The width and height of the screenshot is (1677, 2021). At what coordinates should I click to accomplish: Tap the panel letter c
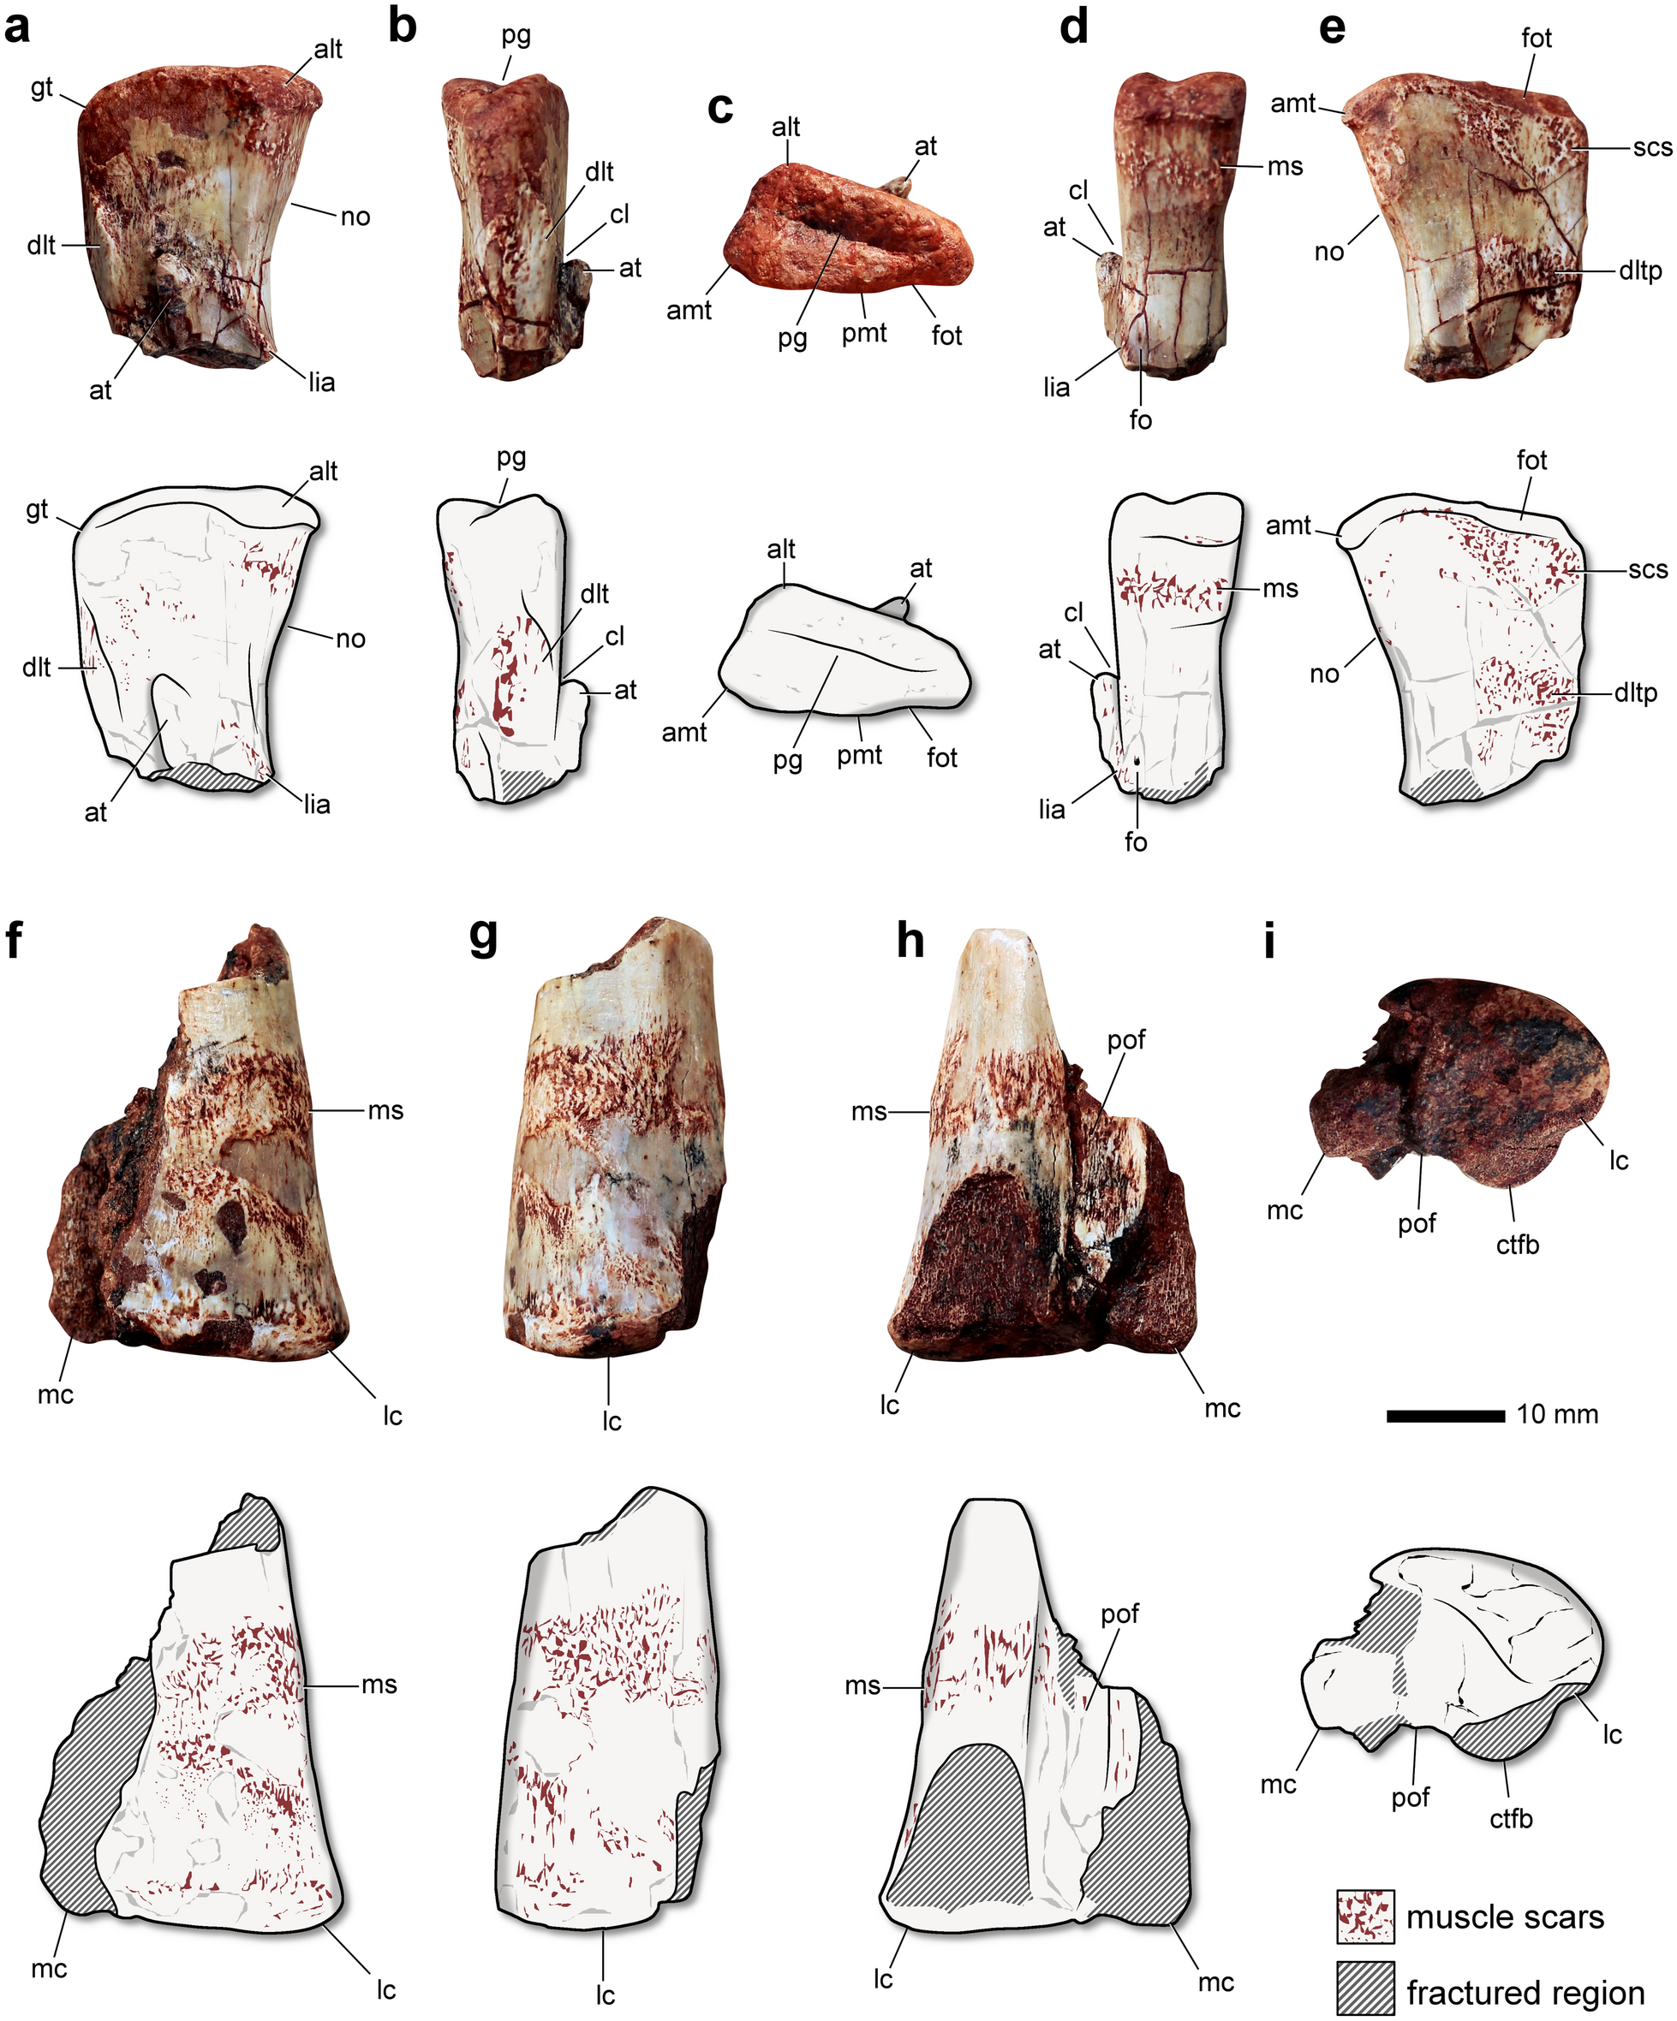pos(720,108)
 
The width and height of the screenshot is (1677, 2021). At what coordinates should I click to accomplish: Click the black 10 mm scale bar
pos(1445,1416)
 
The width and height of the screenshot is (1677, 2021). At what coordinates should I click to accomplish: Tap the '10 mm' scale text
pos(1557,1415)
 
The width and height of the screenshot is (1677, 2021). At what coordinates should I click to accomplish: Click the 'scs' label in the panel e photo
pos(1652,147)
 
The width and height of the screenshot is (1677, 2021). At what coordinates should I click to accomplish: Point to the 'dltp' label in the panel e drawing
pos(1636,692)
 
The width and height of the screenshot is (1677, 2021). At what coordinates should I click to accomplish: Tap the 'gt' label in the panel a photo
pos(41,88)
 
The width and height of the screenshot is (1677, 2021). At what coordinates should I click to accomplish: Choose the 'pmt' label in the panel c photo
pos(863,334)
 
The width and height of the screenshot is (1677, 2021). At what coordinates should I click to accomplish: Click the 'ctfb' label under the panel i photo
pos(1517,1245)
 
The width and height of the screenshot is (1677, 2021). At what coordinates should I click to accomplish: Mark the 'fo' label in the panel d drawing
pos(1136,842)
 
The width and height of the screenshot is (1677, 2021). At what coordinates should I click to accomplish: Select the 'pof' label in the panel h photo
pos(1125,1040)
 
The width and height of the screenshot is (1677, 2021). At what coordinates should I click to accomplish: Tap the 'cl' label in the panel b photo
pos(619,214)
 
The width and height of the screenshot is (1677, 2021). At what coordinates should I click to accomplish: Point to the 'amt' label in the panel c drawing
pos(684,733)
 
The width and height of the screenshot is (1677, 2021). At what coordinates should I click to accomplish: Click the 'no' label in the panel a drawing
pos(350,639)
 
